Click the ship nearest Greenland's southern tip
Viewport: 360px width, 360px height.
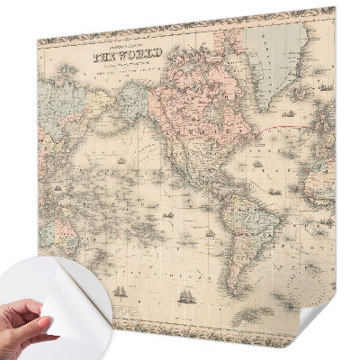point(288,114)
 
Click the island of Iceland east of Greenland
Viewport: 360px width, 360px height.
point(310,85)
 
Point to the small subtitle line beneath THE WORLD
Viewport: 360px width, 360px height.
point(116,68)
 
